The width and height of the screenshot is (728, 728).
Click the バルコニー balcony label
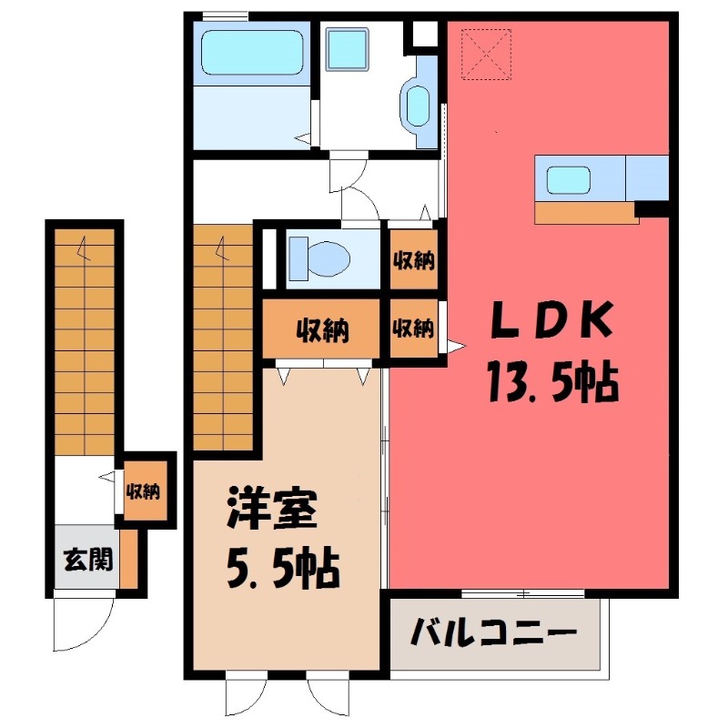[494, 631]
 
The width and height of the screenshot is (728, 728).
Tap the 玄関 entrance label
[88, 559]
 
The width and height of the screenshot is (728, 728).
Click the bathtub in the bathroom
[250, 54]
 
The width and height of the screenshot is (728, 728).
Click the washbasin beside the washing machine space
[419, 106]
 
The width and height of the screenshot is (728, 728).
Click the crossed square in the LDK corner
[487, 54]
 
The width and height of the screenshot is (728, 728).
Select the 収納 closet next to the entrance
[143, 492]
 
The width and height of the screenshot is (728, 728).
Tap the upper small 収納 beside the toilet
[412, 260]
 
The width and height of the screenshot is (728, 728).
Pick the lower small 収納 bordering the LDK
[412, 329]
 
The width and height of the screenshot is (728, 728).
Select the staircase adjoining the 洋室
[223, 337]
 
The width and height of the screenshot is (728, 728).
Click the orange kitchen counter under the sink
[584, 212]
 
